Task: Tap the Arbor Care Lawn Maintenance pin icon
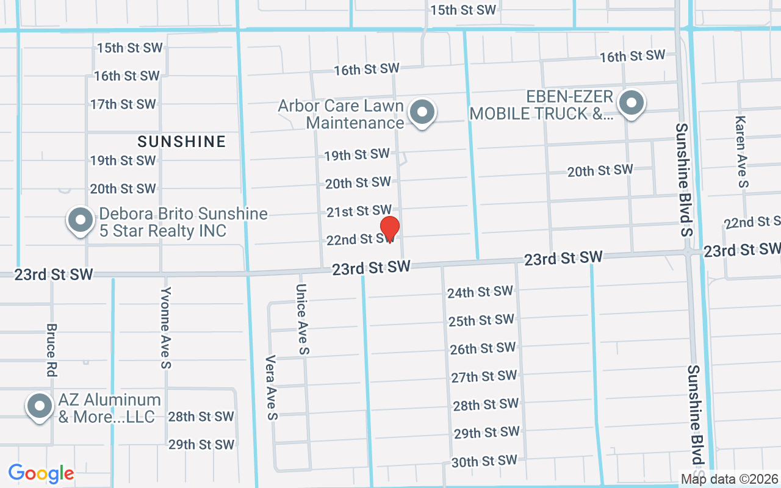tap(421, 112)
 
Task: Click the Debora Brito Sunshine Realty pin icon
tap(80, 220)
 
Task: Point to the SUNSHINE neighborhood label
tap(181, 142)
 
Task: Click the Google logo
tap(41, 473)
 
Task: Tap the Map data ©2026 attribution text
tap(730, 479)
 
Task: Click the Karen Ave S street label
tap(741, 151)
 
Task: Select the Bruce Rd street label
tap(51, 350)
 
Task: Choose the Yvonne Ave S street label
tap(165, 328)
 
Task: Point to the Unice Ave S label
tap(302, 319)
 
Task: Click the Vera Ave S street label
tap(272, 388)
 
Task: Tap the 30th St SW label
tap(484, 462)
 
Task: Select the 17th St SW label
tap(123, 104)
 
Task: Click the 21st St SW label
tap(359, 211)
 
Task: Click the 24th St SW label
tap(480, 292)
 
